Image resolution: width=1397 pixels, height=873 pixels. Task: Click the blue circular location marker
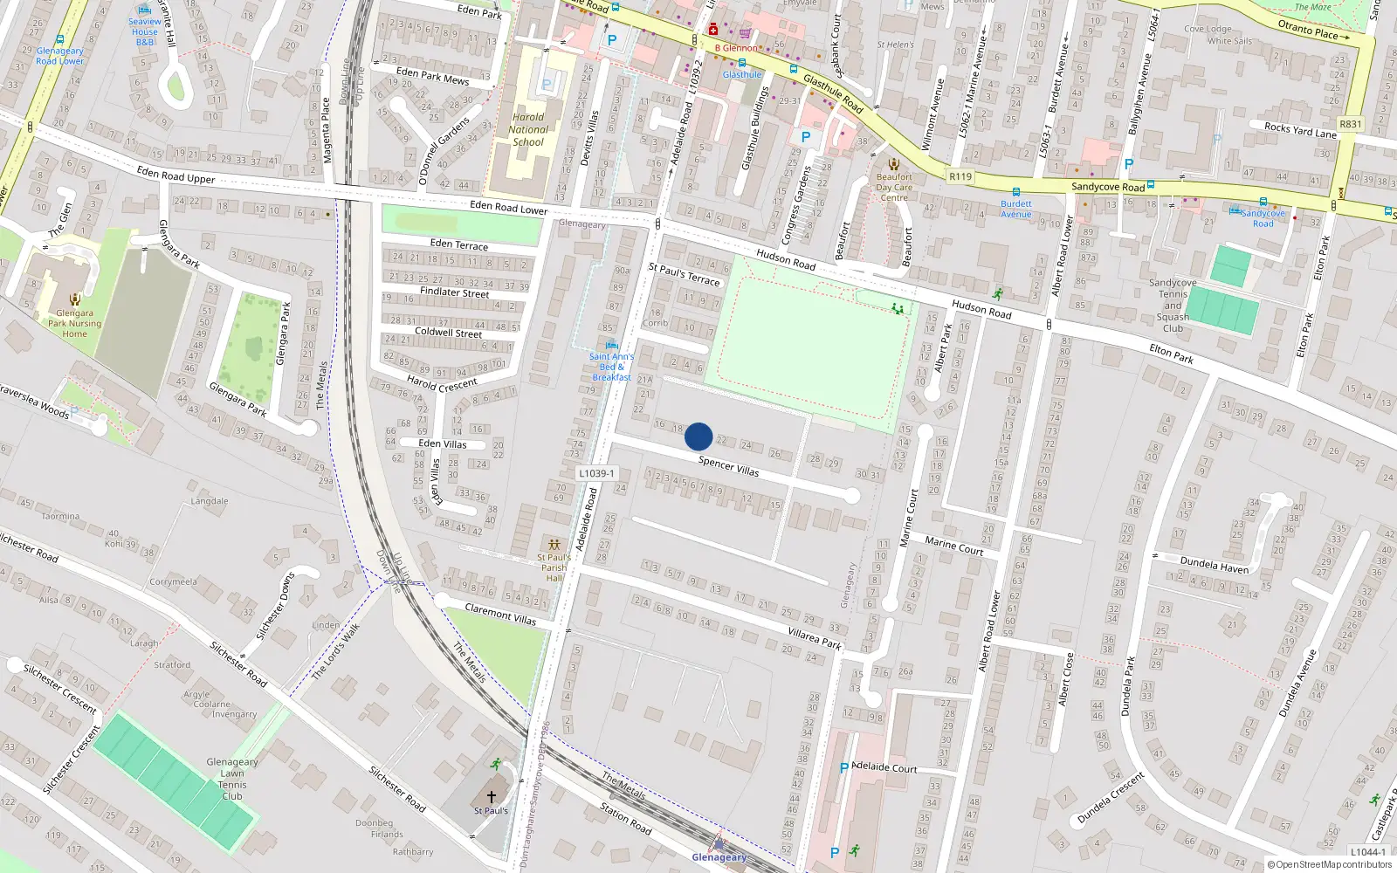point(698,436)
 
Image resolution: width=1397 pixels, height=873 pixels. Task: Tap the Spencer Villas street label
point(728,466)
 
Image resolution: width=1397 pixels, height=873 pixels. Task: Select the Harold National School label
point(528,129)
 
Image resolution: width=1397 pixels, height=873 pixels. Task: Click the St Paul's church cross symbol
point(491,797)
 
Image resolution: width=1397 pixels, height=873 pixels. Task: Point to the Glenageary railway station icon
point(719,844)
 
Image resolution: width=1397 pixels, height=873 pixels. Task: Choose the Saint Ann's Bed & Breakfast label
point(611,367)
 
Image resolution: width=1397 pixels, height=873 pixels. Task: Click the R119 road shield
point(960,176)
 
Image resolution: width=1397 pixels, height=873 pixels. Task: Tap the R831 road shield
point(1350,124)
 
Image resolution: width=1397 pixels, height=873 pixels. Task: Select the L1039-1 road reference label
point(596,473)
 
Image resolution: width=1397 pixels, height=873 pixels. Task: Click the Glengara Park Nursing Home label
point(74,323)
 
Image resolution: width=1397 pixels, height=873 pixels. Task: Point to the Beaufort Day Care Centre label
point(894,187)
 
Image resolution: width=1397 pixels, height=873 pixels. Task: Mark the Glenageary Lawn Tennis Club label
point(232,779)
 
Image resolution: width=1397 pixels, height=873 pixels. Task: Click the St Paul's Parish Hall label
point(554,567)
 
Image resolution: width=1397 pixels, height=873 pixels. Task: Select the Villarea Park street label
point(815,638)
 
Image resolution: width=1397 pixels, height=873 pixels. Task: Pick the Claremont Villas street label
point(500,614)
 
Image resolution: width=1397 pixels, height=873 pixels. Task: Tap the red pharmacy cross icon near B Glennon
point(713,31)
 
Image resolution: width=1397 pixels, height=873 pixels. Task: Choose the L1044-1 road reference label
point(1367,852)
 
